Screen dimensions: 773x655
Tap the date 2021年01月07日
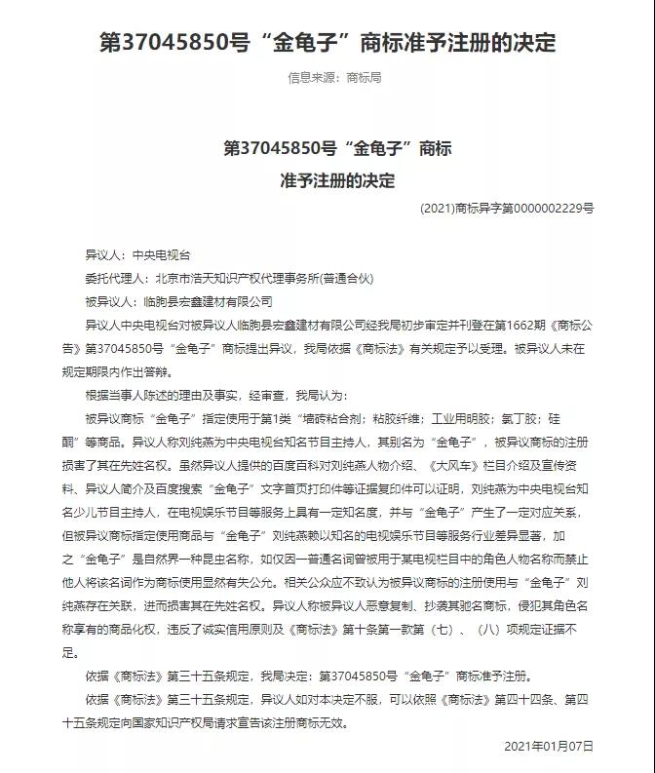549,747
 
